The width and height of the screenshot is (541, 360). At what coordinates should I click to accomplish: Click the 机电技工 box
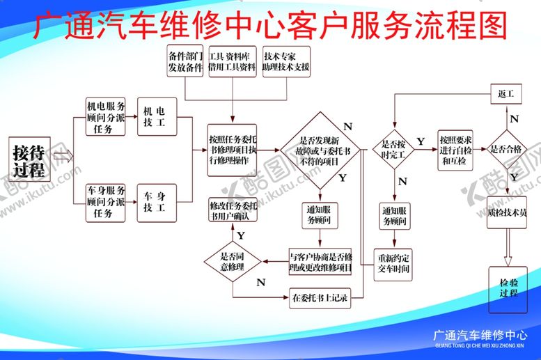pyautogui.click(x=157, y=116)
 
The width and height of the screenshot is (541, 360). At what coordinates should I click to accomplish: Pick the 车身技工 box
pyautogui.click(x=157, y=202)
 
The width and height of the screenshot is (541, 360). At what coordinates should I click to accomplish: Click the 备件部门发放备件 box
pyautogui.click(x=185, y=61)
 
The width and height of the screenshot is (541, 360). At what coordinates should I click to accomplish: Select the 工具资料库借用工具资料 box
pyautogui.click(x=232, y=61)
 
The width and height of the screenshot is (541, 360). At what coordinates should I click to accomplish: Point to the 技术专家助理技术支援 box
pyautogui.click(x=286, y=61)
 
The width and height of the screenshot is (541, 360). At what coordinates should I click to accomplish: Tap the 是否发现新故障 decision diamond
pyautogui.click(x=320, y=150)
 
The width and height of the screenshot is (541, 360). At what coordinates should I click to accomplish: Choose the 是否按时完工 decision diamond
pyautogui.click(x=393, y=148)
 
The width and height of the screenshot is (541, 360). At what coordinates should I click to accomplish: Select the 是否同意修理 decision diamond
pyautogui.click(x=233, y=260)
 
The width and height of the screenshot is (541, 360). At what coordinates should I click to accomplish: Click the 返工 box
pyautogui.click(x=506, y=93)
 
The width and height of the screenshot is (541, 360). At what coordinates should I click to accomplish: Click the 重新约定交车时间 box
pyautogui.click(x=394, y=263)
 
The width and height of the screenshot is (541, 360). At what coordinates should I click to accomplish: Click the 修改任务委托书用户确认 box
pyautogui.click(x=233, y=211)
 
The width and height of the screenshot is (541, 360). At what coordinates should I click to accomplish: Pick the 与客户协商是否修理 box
pyautogui.click(x=321, y=261)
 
